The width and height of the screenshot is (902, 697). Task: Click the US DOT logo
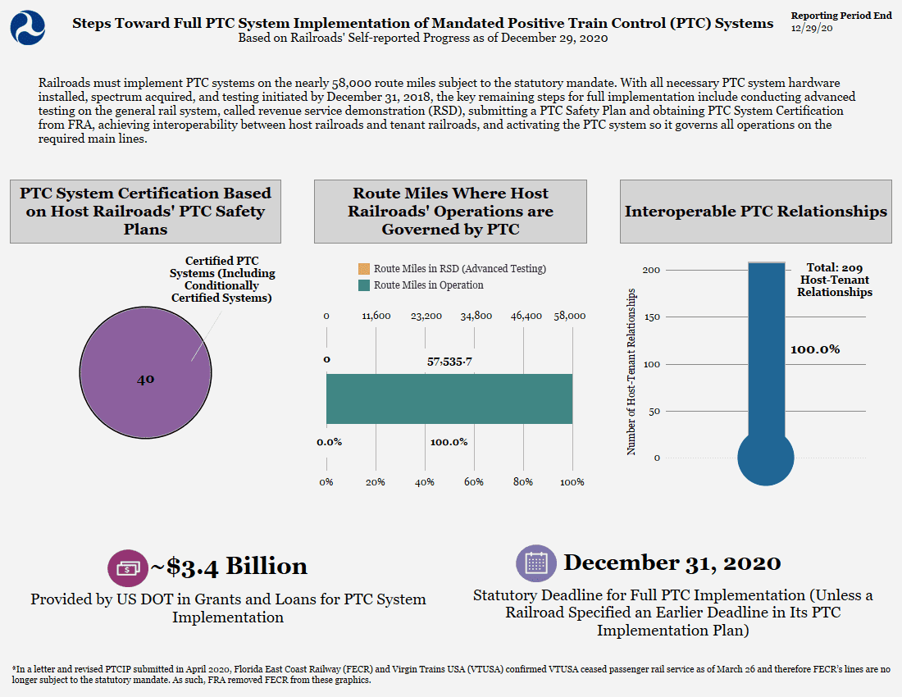(28, 28)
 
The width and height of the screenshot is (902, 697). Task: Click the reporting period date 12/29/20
(811, 28)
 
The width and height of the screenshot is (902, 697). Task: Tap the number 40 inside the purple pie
(145, 379)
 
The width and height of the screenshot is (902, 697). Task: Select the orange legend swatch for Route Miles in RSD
(363, 269)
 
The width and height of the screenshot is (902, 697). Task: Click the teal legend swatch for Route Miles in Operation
(363, 285)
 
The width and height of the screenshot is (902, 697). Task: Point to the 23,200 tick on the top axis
(426, 316)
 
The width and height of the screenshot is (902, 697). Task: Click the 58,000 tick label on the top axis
(570, 316)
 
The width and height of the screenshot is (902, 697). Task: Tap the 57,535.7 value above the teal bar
(449, 362)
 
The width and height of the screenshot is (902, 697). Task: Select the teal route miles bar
(449, 399)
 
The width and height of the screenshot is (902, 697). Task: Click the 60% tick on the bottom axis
(474, 482)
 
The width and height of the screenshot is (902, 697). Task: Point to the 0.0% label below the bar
(329, 442)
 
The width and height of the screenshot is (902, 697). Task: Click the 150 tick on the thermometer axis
(652, 317)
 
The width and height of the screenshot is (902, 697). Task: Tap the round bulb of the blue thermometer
(766, 458)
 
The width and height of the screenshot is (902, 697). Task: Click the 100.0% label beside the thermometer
(814, 349)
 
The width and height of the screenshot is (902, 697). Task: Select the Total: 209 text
(834, 267)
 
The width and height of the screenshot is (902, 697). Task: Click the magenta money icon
(128, 568)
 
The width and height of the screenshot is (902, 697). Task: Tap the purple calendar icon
(536, 563)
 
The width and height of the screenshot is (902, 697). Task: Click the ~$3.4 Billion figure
(229, 567)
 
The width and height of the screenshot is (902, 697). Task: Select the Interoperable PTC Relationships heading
(756, 211)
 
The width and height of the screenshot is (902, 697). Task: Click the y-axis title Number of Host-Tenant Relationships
(631, 371)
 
